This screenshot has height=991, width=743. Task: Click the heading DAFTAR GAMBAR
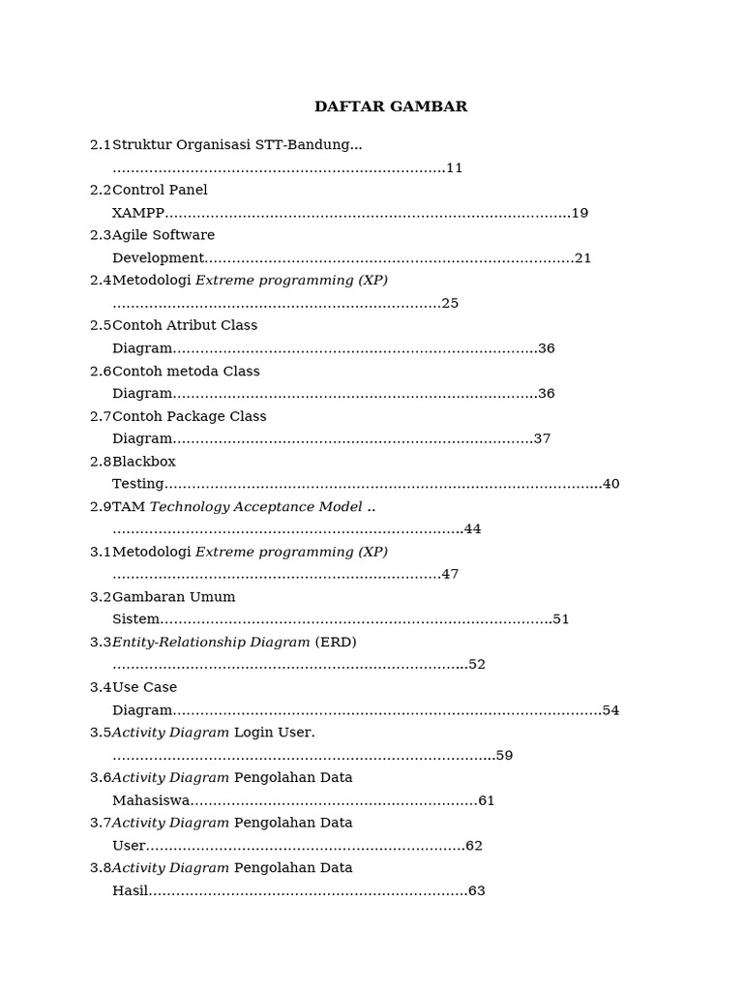[391, 106]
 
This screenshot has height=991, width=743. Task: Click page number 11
[455, 167]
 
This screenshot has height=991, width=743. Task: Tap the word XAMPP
[138, 213]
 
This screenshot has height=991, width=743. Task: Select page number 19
[580, 213]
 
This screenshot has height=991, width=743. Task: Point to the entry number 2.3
[101, 235]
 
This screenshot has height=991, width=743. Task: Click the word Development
[158, 258]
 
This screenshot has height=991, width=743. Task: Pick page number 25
[450, 303]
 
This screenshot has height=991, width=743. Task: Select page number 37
[542, 438]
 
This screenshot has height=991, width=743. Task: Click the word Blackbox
[144, 462]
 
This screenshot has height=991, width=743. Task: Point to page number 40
[610, 484]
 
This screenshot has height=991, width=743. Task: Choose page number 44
[472, 529]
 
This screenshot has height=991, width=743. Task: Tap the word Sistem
[135, 619]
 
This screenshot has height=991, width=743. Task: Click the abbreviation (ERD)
[336, 642]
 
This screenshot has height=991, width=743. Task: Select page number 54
[610, 710]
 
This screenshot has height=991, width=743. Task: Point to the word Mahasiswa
[151, 800]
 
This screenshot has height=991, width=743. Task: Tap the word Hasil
[130, 890]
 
